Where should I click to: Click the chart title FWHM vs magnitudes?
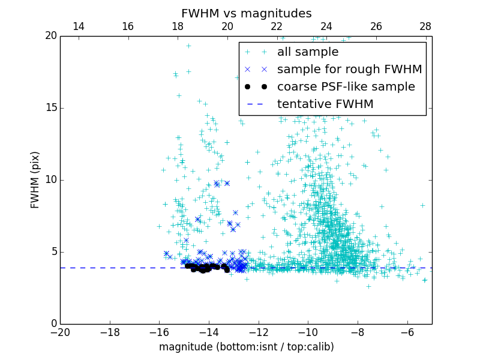pyautogui.click(x=246, y=13)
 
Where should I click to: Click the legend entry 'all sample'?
pyautogui.click(x=307, y=52)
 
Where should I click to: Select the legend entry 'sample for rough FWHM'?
pyautogui.click(x=349, y=70)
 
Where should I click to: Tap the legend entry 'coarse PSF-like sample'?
pyautogui.click(x=346, y=87)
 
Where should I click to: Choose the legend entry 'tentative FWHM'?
pyautogui.click(x=325, y=104)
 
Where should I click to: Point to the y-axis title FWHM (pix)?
pyautogui.click(x=35, y=180)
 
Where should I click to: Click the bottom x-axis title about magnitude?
pyautogui.click(x=246, y=347)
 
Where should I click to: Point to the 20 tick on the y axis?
pyautogui.click(x=50, y=36)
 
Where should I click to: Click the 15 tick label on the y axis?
pyautogui.click(x=50, y=108)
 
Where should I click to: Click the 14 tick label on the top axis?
pyautogui.click(x=78, y=26)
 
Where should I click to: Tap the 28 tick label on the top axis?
pyautogui.click(x=425, y=26)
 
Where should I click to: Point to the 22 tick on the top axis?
pyautogui.click(x=277, y=26)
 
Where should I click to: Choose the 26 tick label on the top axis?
pyautogui.click(x=376, y=26)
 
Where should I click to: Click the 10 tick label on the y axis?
pyautogui.click(x=50, y=180)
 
